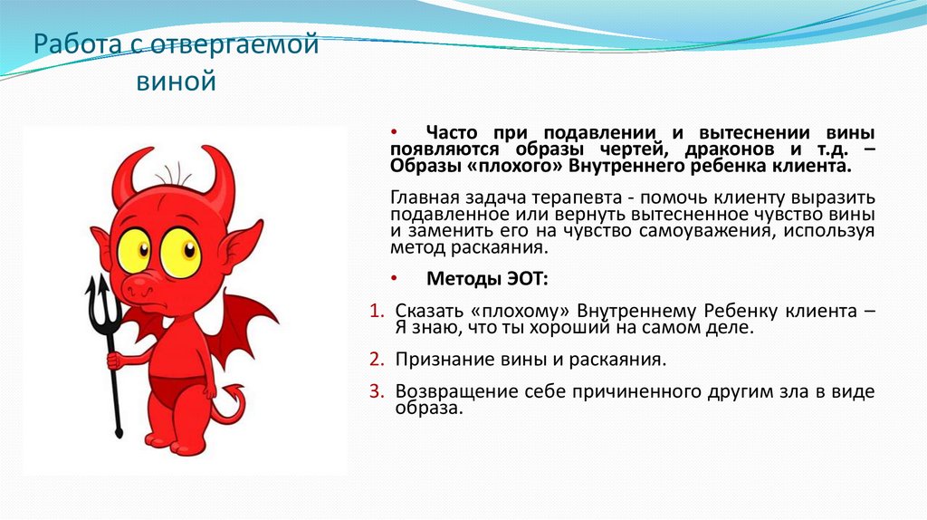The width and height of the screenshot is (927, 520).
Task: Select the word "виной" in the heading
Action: (176, 82)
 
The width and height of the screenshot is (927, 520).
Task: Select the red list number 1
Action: (377, 311)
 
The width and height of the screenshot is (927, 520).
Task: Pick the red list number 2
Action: (377, 360)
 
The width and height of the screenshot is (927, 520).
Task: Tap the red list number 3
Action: (377, 391)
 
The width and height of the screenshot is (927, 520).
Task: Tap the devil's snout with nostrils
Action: (141, 287)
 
